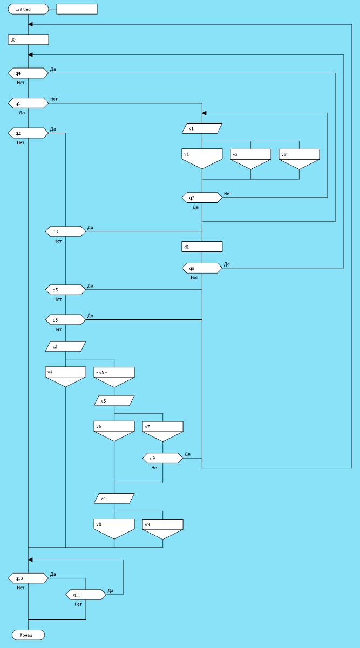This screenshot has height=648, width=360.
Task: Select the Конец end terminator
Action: pos(28,635)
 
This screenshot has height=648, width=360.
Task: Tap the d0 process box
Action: pos(28,39)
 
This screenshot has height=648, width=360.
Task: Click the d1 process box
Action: pos(202,247)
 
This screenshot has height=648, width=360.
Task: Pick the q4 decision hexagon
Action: pos(28,73)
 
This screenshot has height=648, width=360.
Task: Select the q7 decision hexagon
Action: pos(202,198)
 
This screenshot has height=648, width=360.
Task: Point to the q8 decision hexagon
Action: pos(202,268)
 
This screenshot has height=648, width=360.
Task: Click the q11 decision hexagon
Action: pos(86,595)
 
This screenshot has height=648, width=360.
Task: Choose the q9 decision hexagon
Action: pos(163,458)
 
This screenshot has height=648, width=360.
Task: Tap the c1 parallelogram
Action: pos(202,128)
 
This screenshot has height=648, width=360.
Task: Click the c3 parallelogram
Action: pos(114,400)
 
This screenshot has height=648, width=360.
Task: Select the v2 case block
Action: pos(250,159)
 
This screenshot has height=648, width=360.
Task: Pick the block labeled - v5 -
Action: pos(114,376)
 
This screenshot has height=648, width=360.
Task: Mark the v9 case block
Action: pos(163,528)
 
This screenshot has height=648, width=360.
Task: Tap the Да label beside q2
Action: pos(53,129)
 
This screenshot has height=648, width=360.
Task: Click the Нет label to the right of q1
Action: pos(54,99)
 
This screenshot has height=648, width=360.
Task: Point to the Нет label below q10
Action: pos(21,588)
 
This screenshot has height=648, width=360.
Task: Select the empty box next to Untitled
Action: pos(77,9)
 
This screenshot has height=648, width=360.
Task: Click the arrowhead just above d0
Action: pos(31,24)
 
